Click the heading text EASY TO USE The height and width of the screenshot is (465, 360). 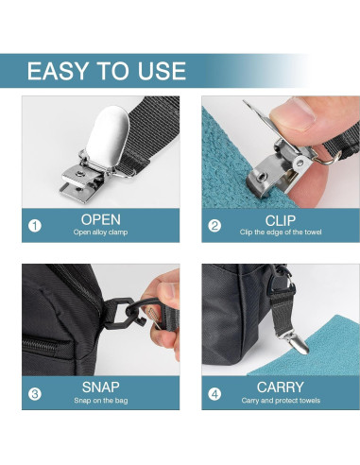(106, 72)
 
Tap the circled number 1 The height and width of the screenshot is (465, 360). (35, 226)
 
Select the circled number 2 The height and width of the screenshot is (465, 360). (214, 226)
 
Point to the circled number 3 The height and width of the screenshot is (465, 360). (35, 393)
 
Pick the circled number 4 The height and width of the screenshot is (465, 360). (214, 393)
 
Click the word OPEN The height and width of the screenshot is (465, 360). (100, 219)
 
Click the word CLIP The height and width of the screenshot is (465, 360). (280, 219)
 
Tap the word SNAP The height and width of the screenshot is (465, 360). (100, 387)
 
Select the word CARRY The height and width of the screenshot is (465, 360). (280, 387)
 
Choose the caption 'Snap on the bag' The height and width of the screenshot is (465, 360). (100, 401)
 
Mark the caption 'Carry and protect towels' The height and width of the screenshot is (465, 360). (280, 401)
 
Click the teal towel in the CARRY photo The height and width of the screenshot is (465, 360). (321, 350)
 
